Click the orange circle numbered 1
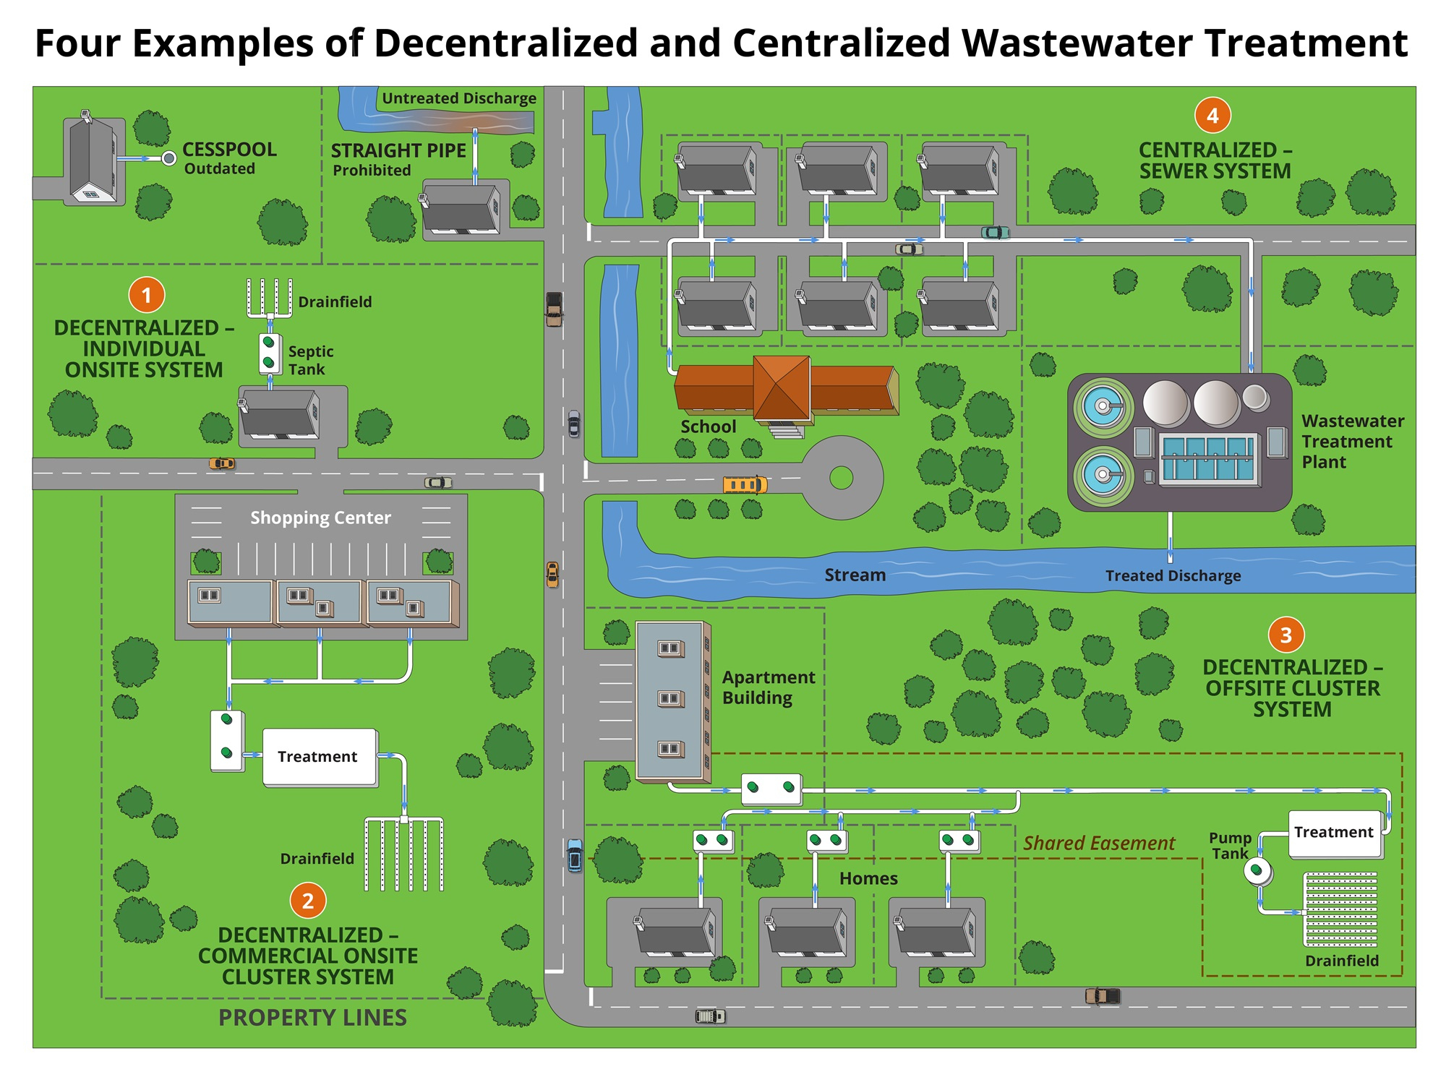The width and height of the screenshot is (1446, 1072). click(147, 295)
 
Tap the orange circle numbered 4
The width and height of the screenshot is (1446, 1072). click(1212, 116)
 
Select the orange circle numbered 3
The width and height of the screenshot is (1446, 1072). click(1285, 635)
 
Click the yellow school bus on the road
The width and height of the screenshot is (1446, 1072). click(745, 484)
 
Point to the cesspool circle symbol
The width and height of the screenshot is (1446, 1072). click(169, 158)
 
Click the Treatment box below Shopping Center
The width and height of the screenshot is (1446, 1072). click(319, 757)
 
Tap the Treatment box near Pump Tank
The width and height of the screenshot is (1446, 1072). click(1335, 833)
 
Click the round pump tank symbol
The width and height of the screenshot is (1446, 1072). click(1258, 871)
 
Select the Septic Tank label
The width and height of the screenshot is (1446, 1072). click(310, 360)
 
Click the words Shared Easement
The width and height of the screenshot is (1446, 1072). click(1099, 843)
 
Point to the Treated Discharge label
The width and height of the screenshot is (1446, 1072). click(1173, 576)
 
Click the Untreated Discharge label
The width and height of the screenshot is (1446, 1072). click(459, 98)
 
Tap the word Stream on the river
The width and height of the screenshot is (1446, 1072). click(855, 575)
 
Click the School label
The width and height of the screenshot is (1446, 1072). click(708, 427)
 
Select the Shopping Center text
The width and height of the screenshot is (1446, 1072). click(320, 518)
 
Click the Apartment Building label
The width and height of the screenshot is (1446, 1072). click(768, 687)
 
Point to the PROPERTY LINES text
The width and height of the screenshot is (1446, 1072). click(312, 1018)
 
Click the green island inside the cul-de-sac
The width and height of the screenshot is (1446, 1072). click(841, 477)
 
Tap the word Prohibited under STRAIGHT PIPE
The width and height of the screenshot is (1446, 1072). click(372, 171)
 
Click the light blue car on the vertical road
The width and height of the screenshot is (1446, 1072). click(575, 856)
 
